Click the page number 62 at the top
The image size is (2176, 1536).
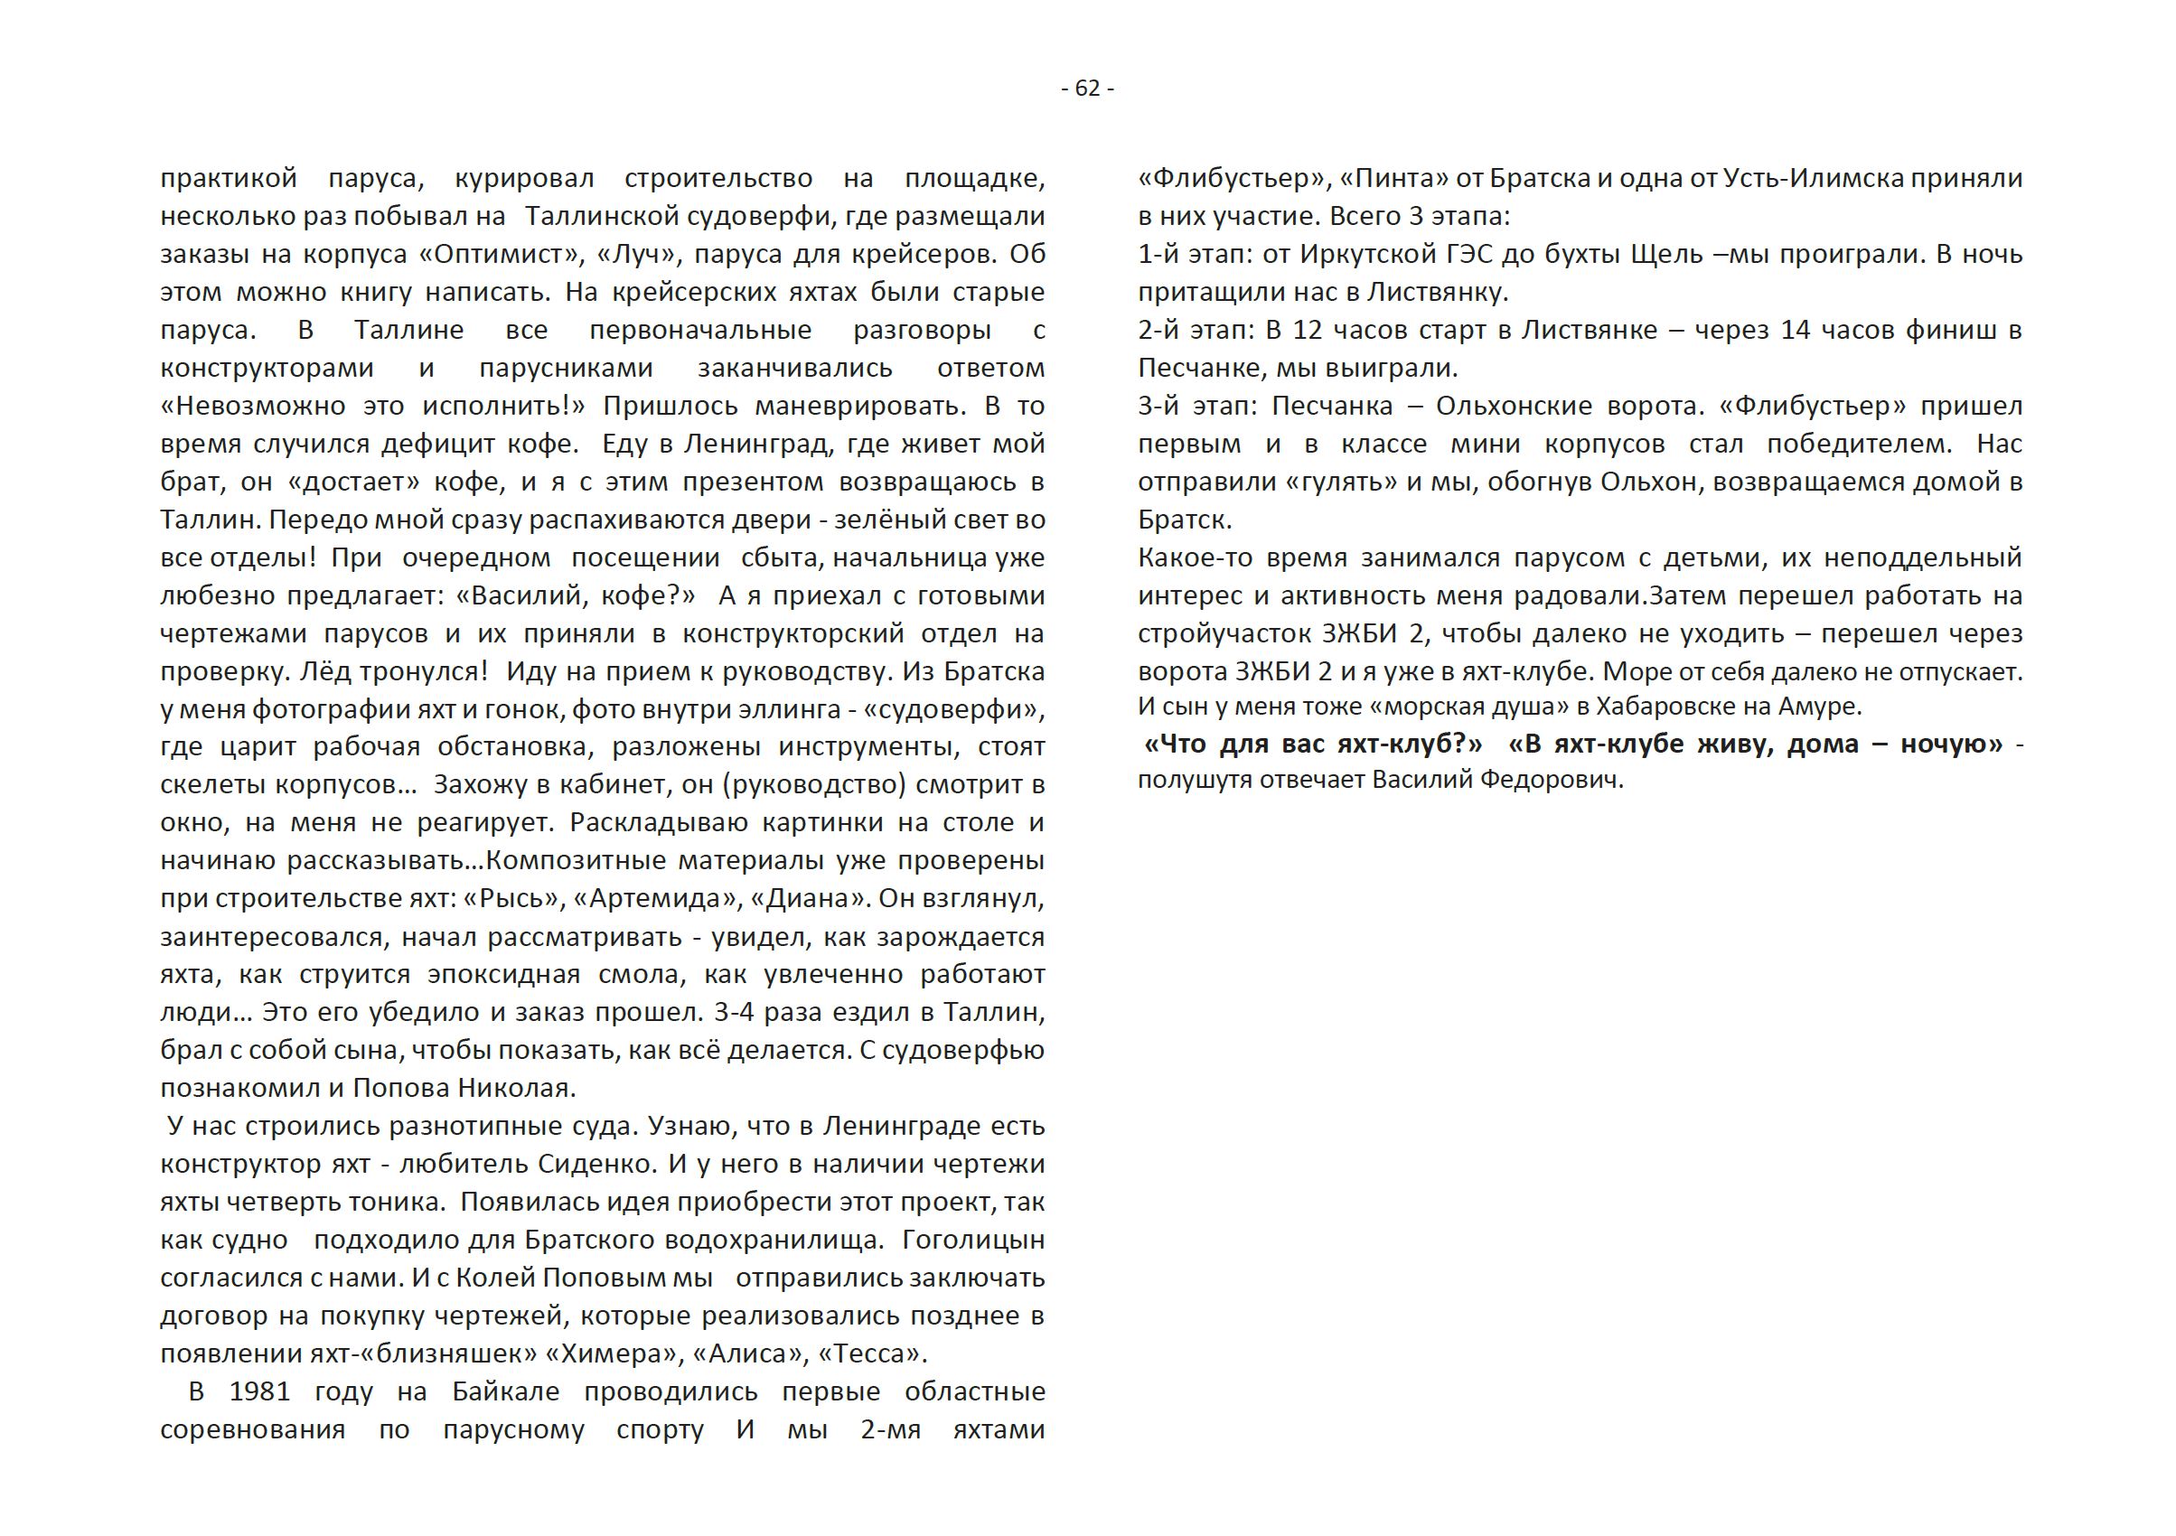1087,89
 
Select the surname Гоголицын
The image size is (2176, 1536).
973,1240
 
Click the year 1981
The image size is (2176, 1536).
258,1391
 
